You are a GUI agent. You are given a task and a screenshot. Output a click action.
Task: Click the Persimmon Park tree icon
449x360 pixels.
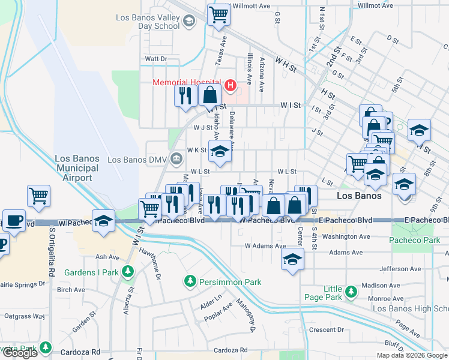(190, 281)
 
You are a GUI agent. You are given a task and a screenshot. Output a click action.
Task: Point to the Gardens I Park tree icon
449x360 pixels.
(127, 272)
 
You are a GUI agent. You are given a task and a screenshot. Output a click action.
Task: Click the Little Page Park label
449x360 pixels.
(333, 293)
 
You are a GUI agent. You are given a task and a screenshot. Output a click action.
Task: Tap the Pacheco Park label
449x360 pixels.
(415, 240)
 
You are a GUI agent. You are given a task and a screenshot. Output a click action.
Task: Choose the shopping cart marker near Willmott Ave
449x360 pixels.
(219, 14)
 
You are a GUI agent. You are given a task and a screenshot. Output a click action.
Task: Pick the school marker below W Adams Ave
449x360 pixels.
(292, 259)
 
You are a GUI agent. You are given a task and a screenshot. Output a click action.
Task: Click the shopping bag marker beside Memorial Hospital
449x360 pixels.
(209, 95)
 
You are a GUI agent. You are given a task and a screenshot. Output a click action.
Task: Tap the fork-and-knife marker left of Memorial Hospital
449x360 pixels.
(185, 95)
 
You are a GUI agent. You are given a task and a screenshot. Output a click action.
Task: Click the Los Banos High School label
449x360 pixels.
(411, 308)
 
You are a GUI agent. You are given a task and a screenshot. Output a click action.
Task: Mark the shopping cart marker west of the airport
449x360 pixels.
(38, 195)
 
